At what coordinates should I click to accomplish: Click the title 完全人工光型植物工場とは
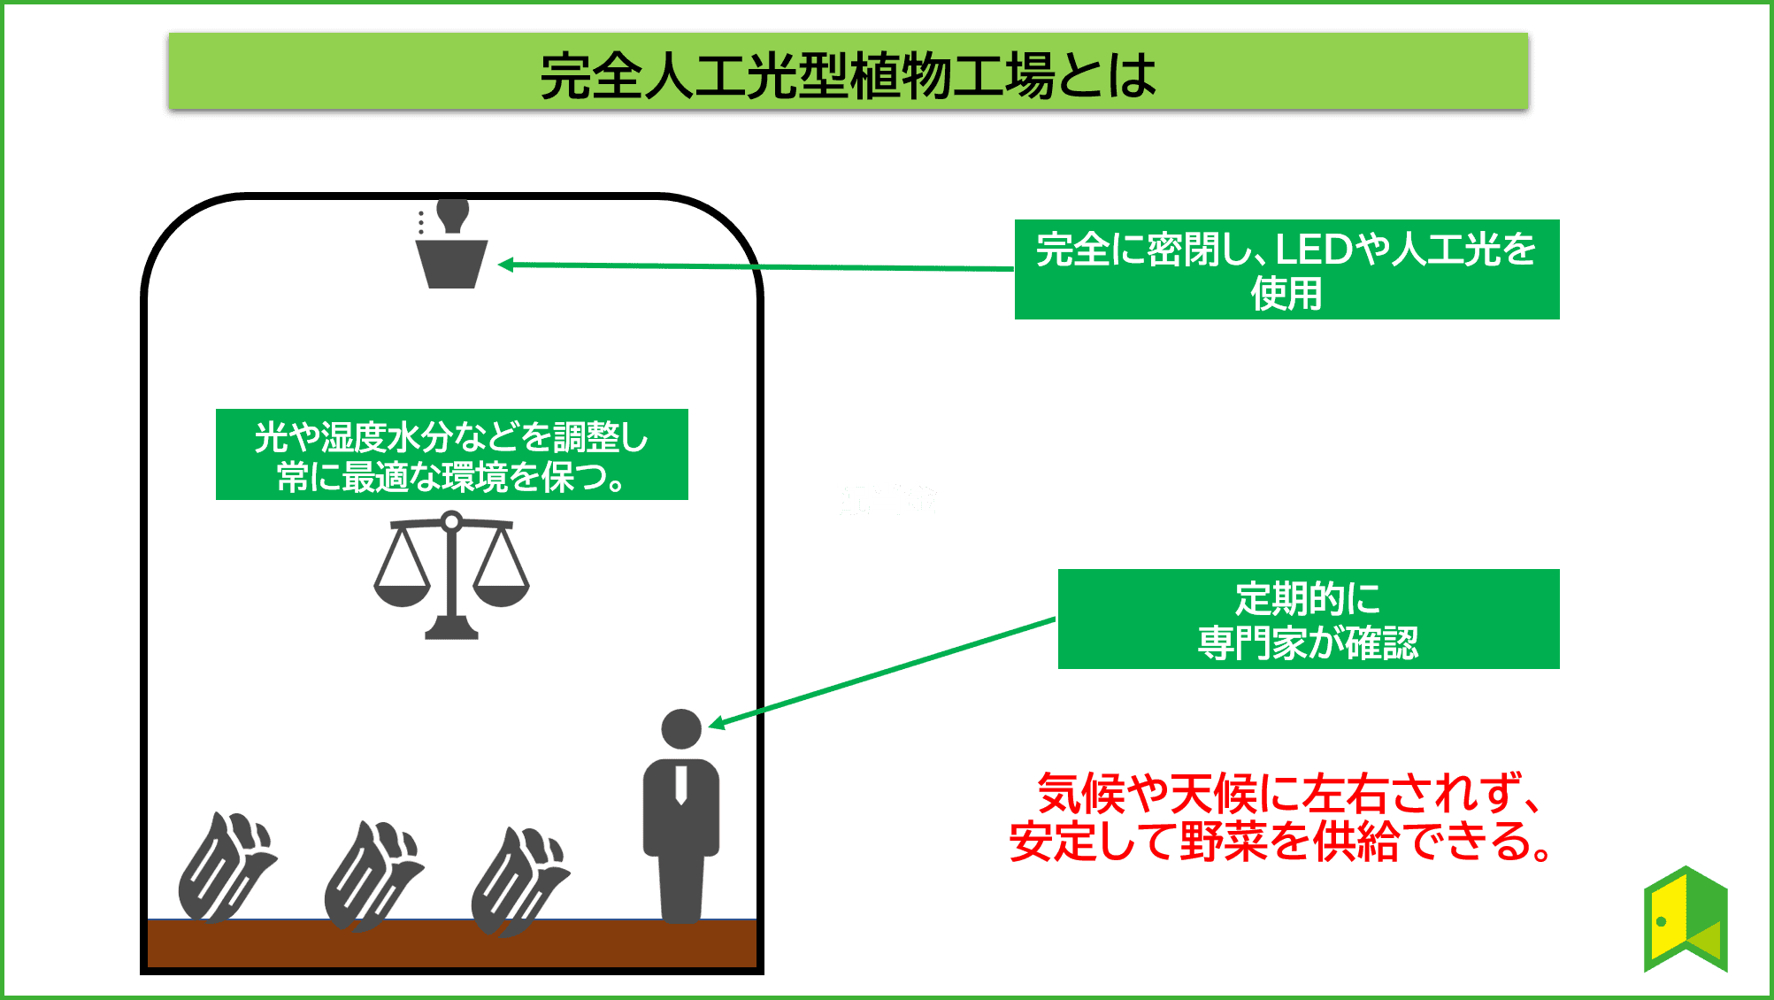[848, 74]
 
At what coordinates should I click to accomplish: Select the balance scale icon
[451, 575]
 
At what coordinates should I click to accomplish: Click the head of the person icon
[681, 729]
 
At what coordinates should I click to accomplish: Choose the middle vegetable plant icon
[372, 876]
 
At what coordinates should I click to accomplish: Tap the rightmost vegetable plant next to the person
[518, 881]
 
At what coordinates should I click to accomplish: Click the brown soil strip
[451, 943]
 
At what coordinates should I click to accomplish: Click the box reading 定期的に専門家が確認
[1308, 619]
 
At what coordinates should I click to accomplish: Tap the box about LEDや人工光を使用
[1286, 269]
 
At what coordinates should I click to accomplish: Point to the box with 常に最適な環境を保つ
[451, 455]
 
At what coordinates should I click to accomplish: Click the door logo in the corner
[1686, 919]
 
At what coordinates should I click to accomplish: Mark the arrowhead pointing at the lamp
[504, 264]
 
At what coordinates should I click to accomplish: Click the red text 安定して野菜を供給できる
[1280, 842]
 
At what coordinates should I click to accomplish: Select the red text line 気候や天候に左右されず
[1287, 793]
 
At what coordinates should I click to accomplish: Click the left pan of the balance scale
[402, 591]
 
